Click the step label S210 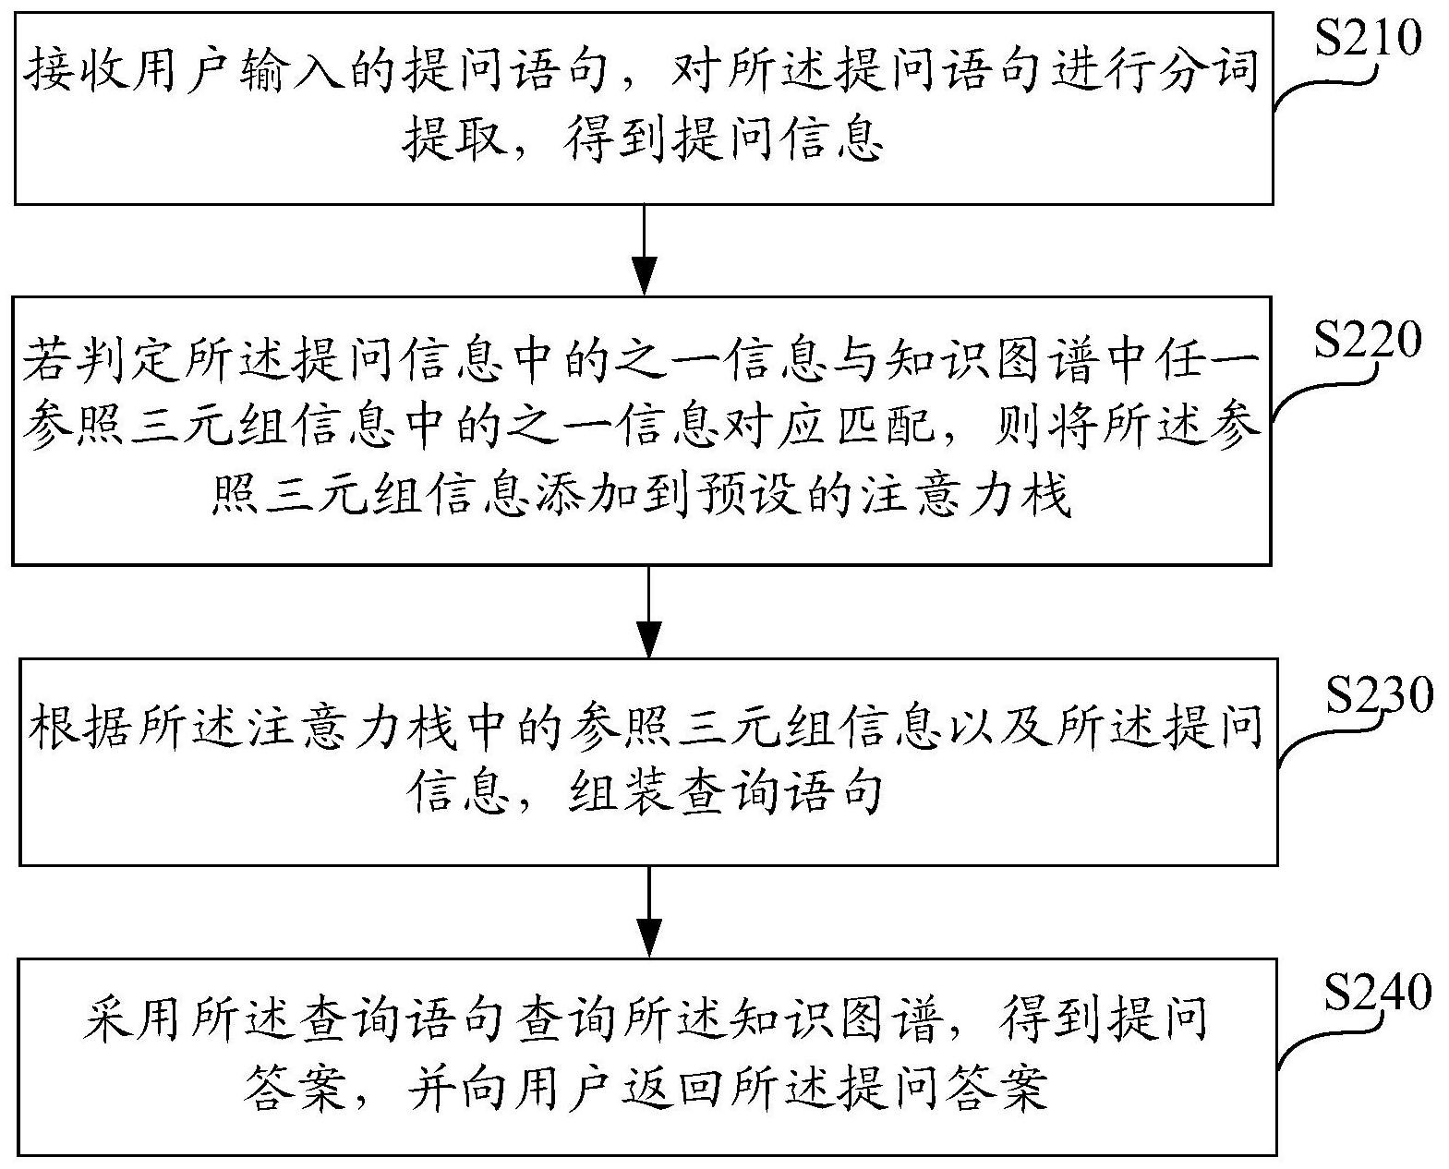click(1369, 39)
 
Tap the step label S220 click(1369, 340)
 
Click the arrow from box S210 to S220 click(645, 250)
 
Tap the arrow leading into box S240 click(649, 911)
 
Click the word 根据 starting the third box click(79, 727)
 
